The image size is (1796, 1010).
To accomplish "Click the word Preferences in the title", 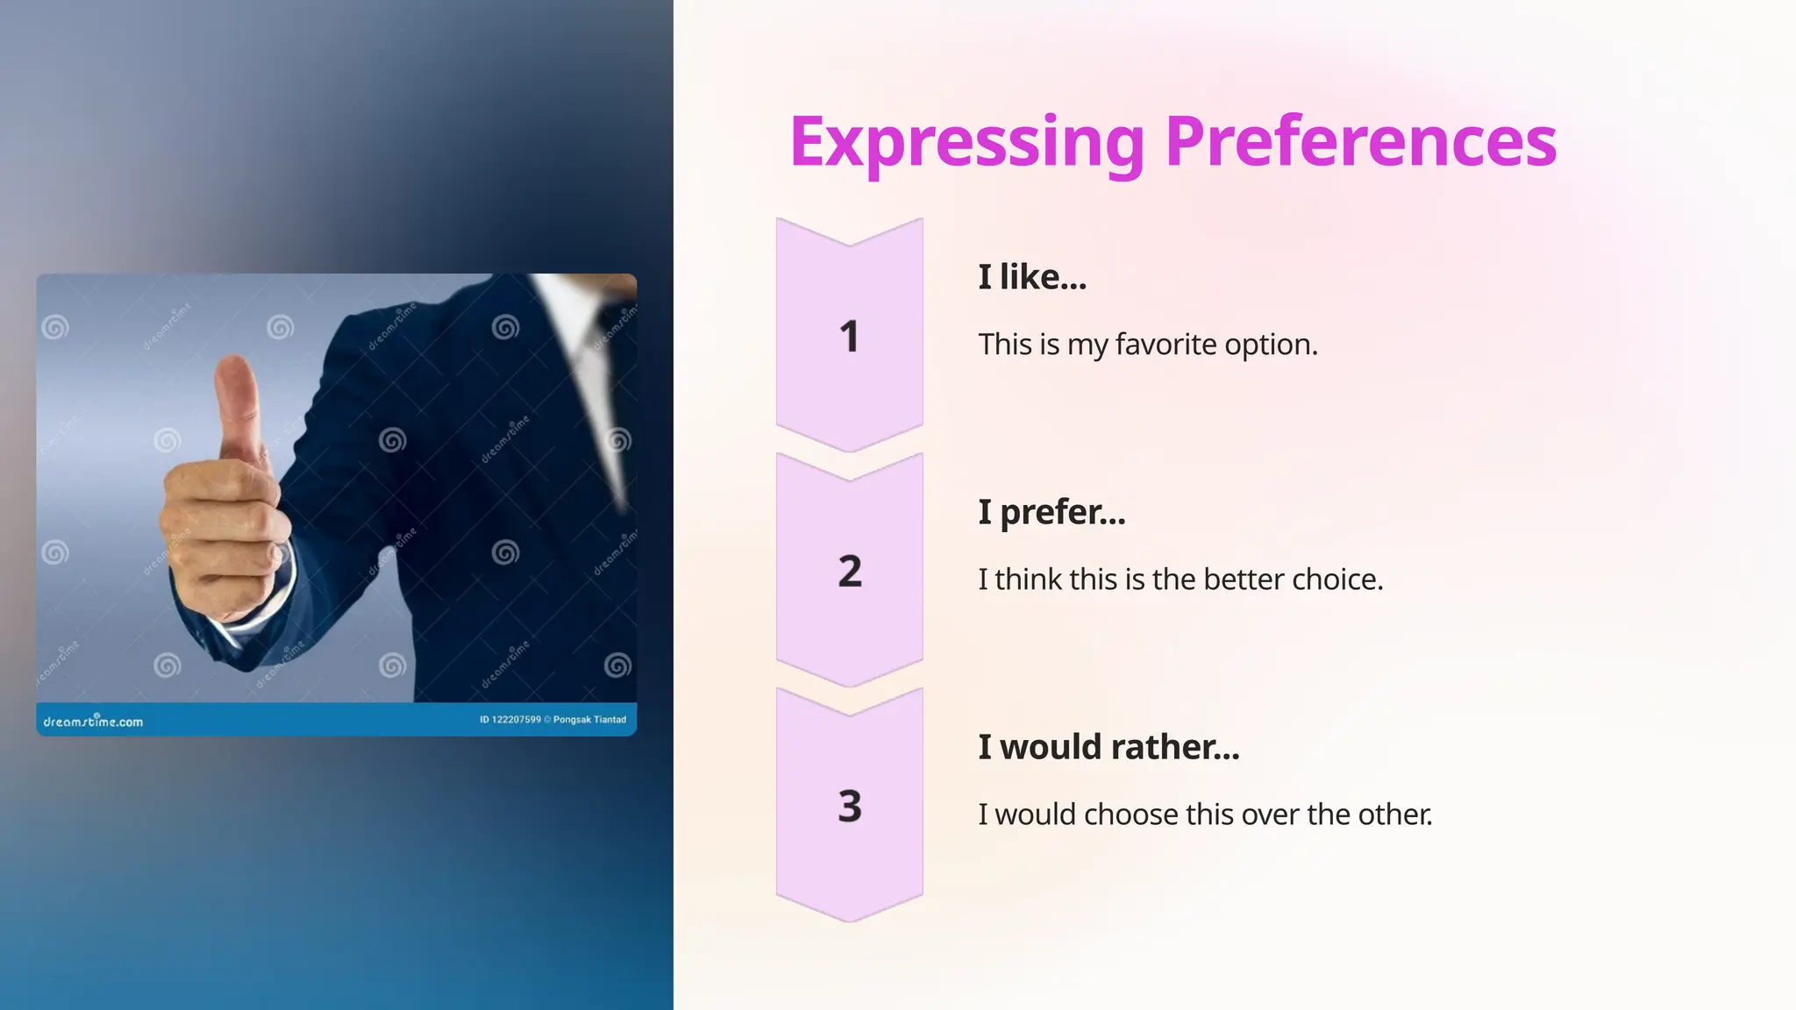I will pos(1360,143).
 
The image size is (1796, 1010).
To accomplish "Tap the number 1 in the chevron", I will pos(849,337).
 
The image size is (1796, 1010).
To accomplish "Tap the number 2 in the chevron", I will pos(849,572).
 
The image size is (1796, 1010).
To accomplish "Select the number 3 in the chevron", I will pos(849,807).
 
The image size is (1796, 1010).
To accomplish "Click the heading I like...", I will pos(1032,277).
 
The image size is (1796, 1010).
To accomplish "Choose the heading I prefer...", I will pos(1051,512).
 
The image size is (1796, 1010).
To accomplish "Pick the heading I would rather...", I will pos(1108,747).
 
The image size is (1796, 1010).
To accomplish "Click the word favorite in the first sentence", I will pos(1165,345).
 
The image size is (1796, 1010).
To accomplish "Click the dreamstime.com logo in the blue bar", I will pos(93,722).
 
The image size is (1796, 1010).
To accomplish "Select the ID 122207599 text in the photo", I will pos(510,720).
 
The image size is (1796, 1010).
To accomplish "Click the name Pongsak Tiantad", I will pos(589,720).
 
